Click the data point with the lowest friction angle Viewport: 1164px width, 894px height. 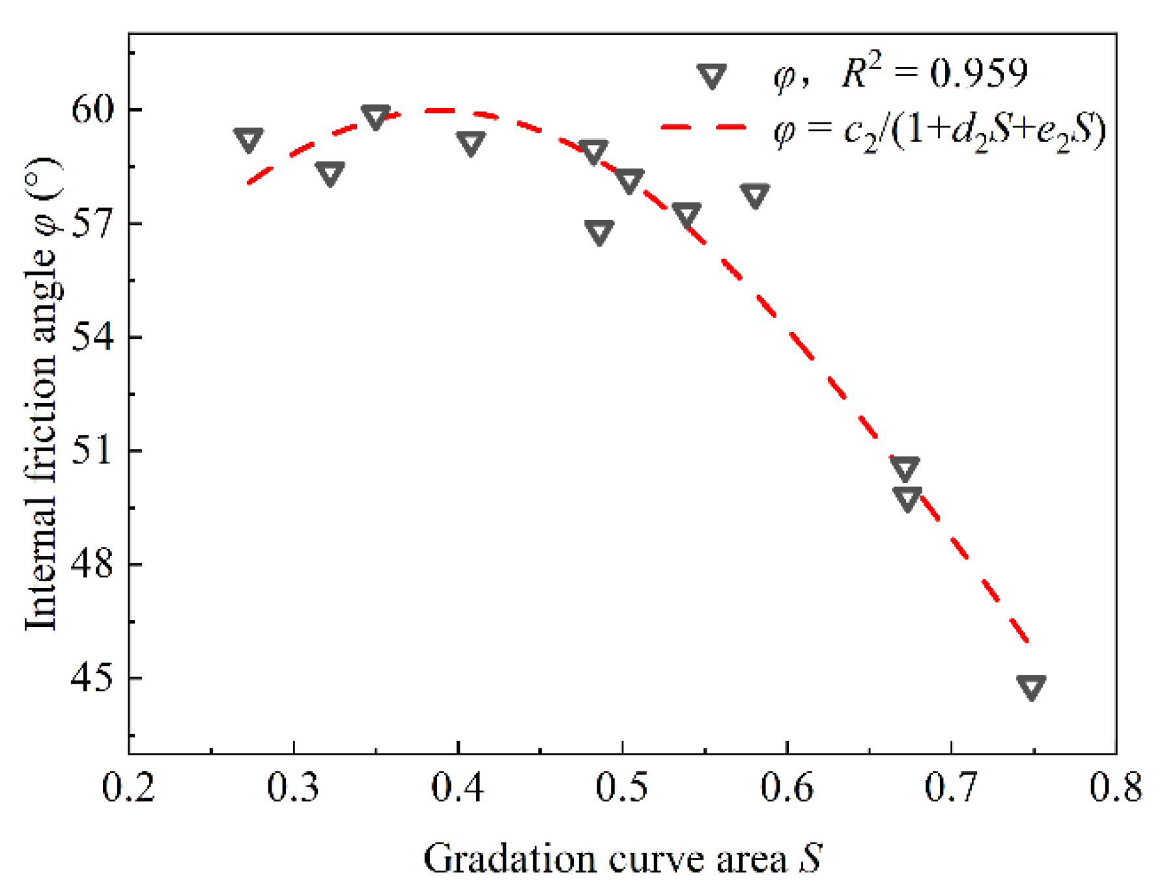(1031, 687)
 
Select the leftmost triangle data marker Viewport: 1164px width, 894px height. (248, 139)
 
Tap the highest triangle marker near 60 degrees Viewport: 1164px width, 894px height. (375, 117)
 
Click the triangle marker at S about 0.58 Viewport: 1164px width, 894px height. (754, 195)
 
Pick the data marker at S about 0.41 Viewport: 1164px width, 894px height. (470, 143)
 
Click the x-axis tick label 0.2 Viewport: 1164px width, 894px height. (129, 787)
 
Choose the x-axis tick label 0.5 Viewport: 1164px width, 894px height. (622, 787)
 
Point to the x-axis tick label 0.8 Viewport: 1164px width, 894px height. (1116, 787)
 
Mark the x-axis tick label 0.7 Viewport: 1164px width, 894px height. (951, 787)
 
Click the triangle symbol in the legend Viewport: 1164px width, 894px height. (711, 76)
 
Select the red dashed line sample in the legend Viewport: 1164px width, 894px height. (703, 127)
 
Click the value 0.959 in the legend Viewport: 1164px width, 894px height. (978, 73)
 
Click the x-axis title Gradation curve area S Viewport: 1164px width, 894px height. (622, 858)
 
